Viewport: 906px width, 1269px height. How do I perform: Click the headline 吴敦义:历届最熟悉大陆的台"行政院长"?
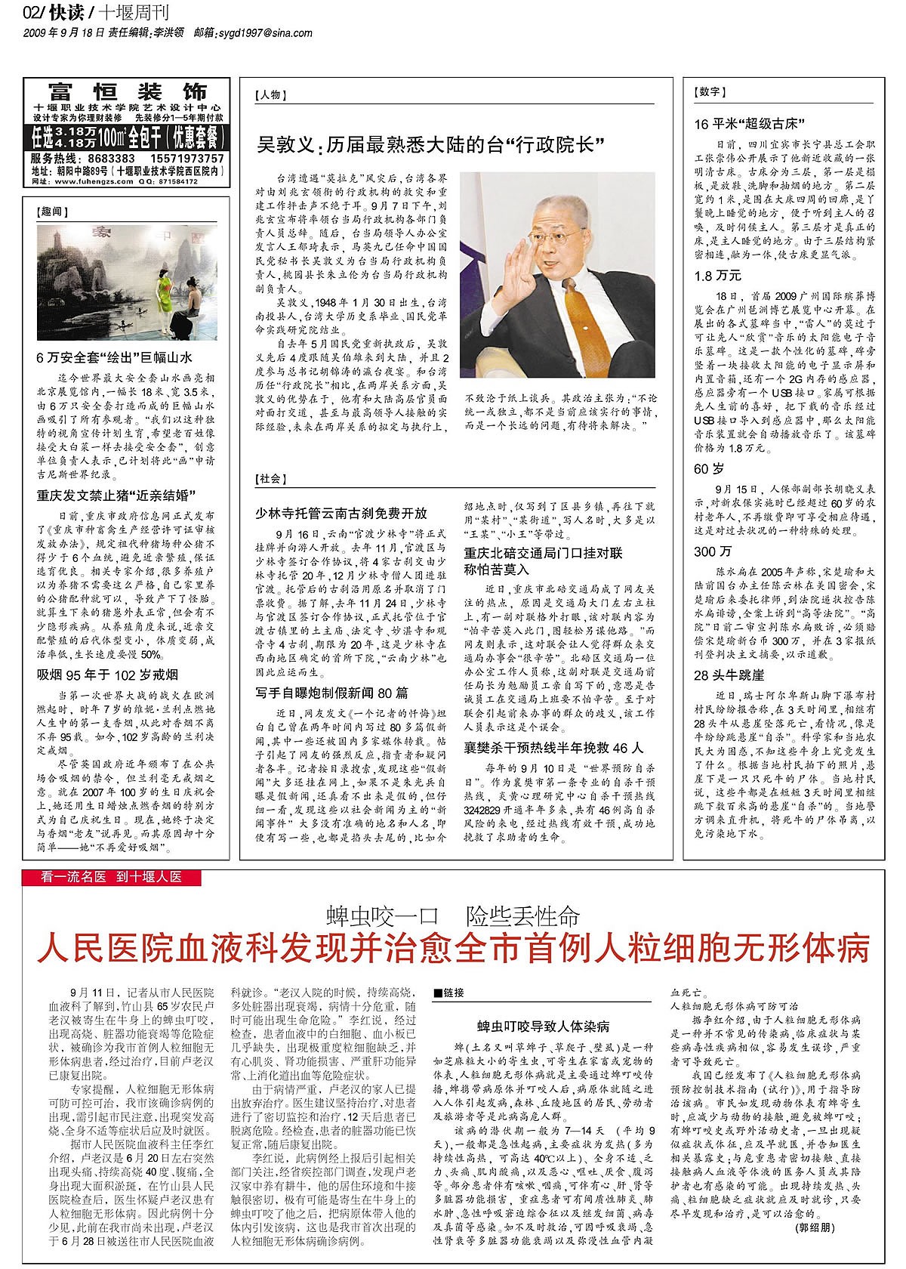pos(433,145)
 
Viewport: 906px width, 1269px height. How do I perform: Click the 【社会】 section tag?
pos(271,479)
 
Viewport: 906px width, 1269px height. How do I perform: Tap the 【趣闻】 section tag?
pos(52,213)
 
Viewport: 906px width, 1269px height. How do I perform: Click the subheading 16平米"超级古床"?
pos(752,124)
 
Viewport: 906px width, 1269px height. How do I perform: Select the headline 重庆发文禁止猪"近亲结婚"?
pos(116,497)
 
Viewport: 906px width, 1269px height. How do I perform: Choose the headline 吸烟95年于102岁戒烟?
pos(108,675)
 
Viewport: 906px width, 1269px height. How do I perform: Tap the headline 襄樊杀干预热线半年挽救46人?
pos(553,748)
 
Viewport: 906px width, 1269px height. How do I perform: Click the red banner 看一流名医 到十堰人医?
pos(112,878)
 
